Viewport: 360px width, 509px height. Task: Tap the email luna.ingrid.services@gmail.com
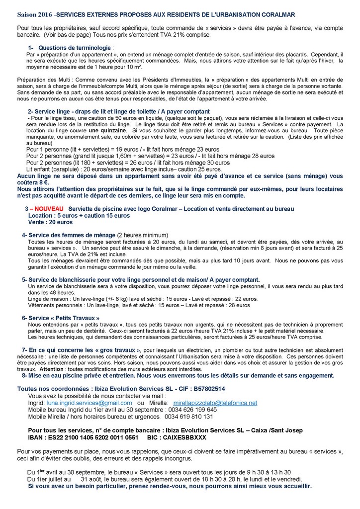click(90, 403)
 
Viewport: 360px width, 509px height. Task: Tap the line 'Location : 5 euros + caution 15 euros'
click(79, 215)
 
